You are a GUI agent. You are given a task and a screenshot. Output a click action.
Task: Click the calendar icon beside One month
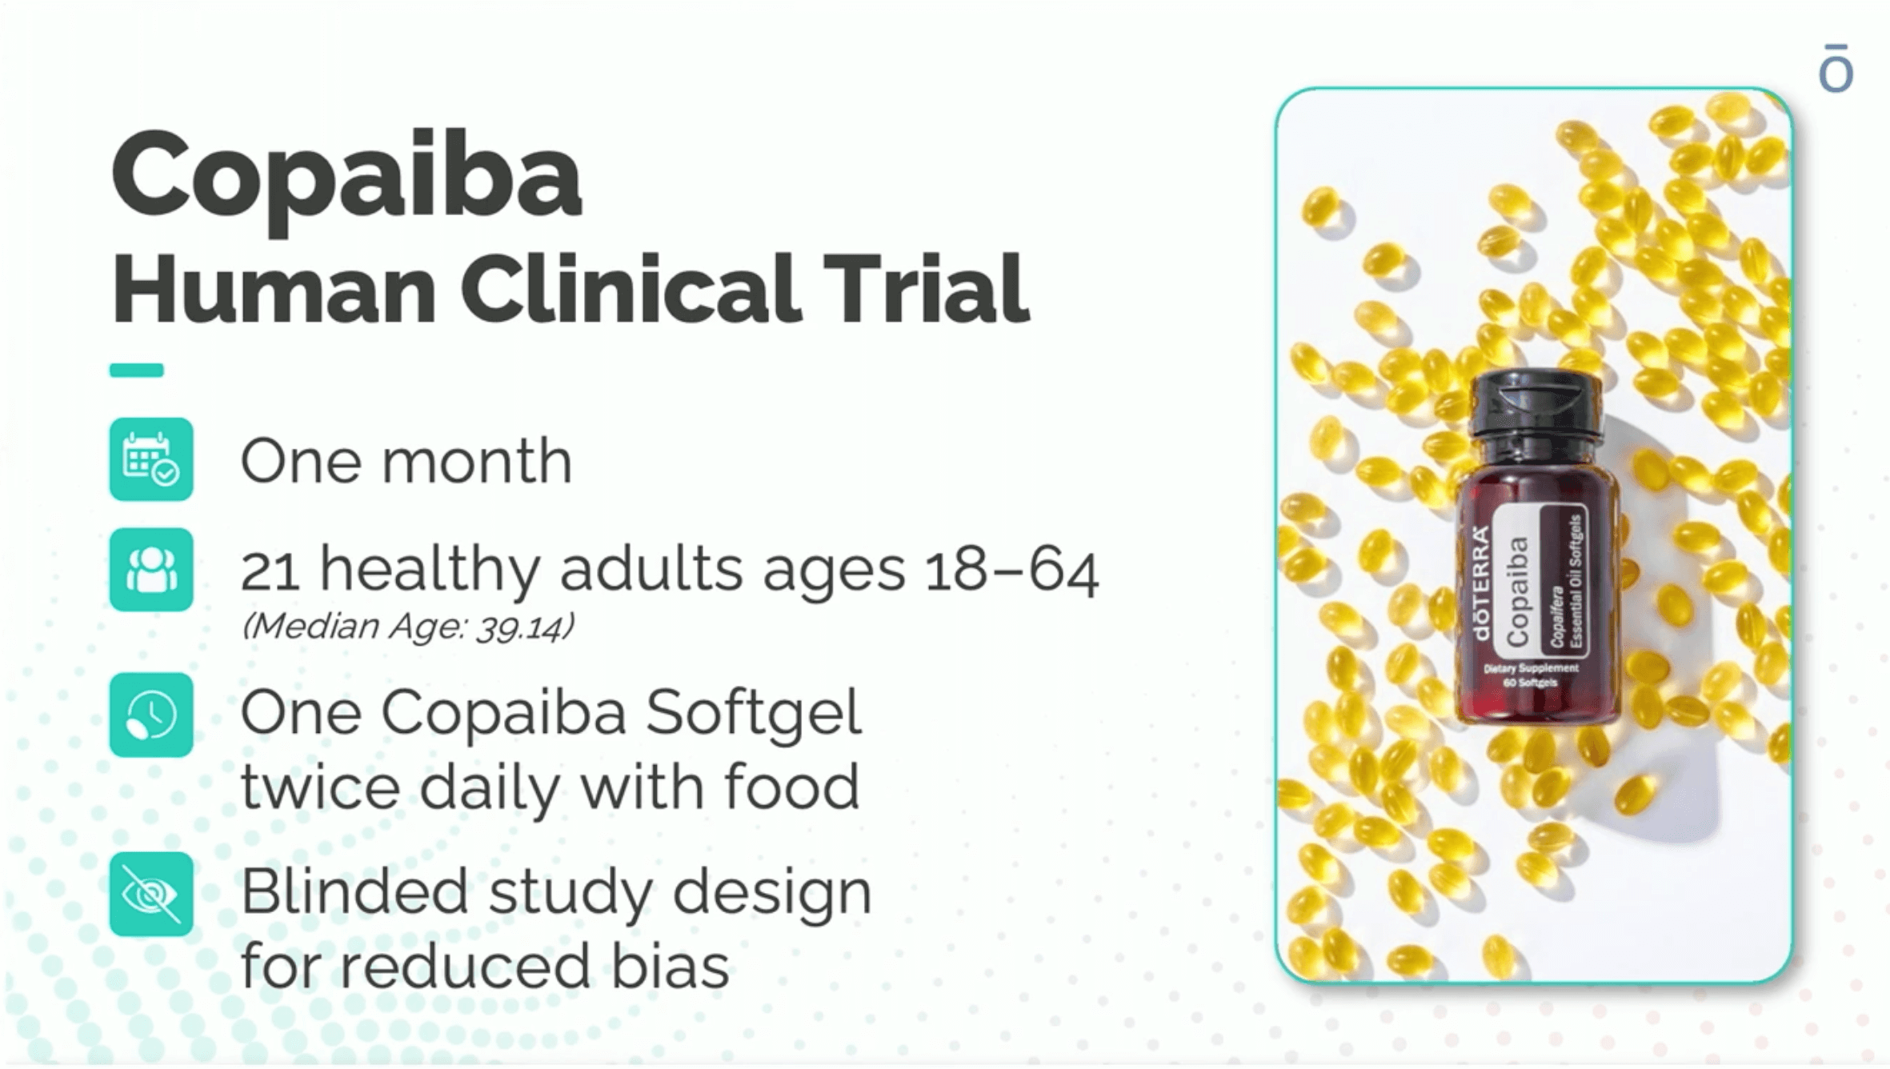pyautogui.click(x=151, y=459)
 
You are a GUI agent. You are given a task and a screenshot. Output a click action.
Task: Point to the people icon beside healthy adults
pyautogui.click(x=151, y=570)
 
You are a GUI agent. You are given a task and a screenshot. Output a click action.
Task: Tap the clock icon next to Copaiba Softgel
pyautogui.click(x=151, y=715)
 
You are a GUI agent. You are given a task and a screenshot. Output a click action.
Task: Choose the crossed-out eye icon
pyautogui.click(x=151, y=894)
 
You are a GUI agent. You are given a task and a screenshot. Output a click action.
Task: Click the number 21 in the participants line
pyautogui.click(x=270, y=571)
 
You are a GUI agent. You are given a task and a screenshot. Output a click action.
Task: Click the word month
pyautogui.click(x=477, y=462)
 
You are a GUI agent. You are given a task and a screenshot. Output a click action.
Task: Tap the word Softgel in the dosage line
pyautogui.click(x=753, y=714)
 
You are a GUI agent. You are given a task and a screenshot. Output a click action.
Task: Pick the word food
pyautogui.click(x=791, y=787)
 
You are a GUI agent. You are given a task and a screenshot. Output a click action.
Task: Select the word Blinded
pyautogui.click(x=354, y=892)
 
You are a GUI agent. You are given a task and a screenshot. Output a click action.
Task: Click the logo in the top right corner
pyautogui.click(x=1836, y=70)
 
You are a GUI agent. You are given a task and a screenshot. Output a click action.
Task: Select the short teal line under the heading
pyautogui.click(x=137, y=370)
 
